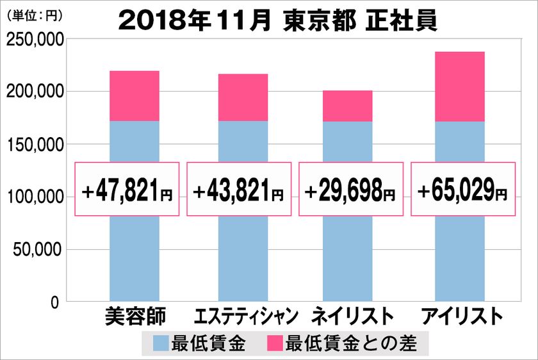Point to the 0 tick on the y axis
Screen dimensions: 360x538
click(x=55, y=302)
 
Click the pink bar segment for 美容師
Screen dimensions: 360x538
click(x=134, y=96)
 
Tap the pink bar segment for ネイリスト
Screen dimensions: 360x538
click(x=347, y=106)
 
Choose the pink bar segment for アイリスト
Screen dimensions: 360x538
click(x=459, y=86)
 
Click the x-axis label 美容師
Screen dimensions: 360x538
click(x=134, y=316)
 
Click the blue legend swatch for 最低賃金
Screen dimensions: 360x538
click(x=161, y=344)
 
